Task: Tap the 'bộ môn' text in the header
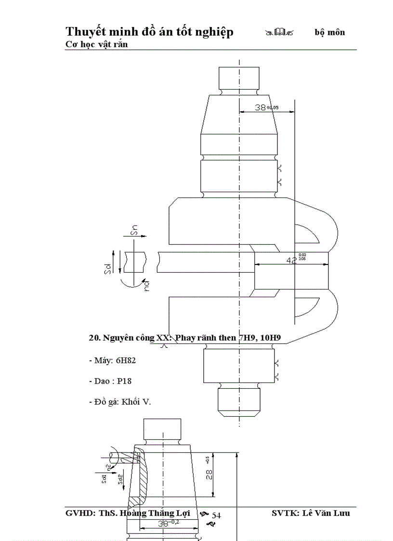(330, 32)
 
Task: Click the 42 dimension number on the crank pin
(292, 260)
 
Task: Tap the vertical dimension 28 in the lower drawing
(209, 475)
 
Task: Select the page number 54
(216, 515)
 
